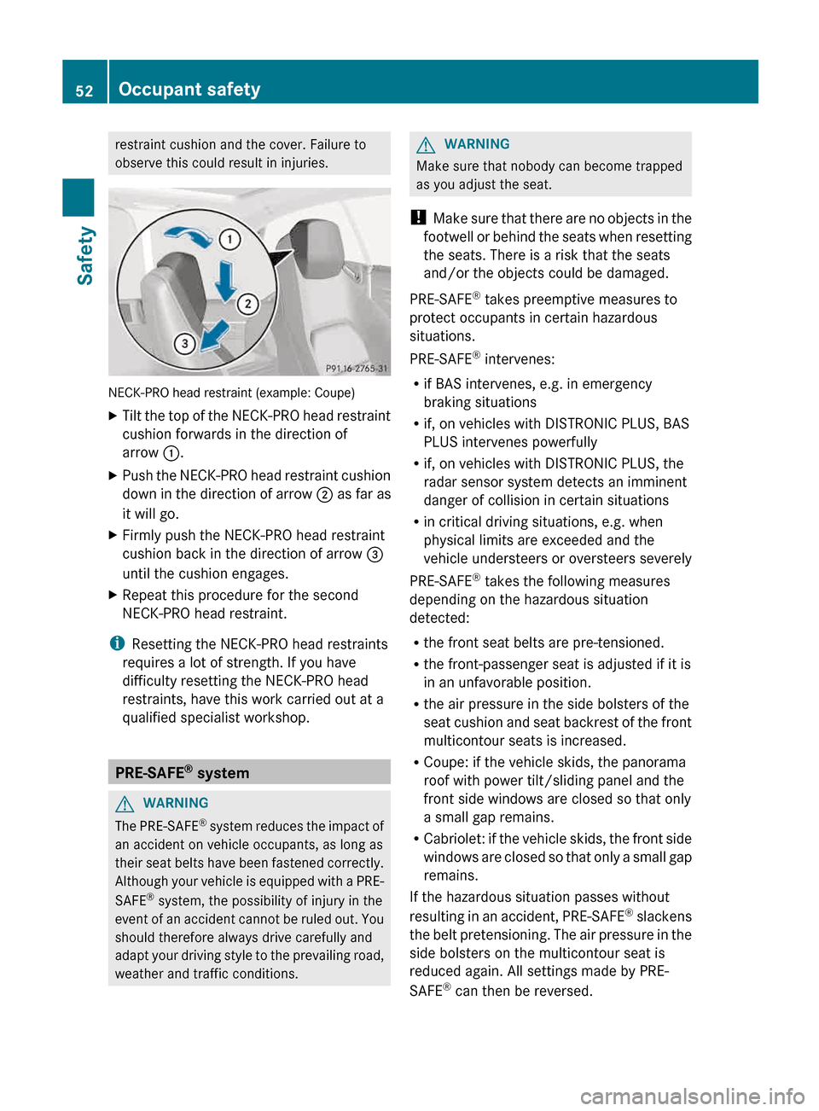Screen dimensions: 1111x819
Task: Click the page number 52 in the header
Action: tap(84, 90)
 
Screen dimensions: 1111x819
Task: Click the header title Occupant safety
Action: tap(189, 90)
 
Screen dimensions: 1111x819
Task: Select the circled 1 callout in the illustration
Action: tap(229, 239)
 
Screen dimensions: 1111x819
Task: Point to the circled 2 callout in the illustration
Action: tap(247, 304)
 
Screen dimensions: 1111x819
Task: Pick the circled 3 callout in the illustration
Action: tap(184, 343)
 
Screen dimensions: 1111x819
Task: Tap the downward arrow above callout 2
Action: tap(225, 281)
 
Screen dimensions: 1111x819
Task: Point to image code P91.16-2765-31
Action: tap(356, 369)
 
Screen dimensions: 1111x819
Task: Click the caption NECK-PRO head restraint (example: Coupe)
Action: tap(231, 393)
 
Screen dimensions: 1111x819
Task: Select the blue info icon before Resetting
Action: tap(117, 643)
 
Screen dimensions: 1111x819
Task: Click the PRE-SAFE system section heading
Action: tap(183, 772)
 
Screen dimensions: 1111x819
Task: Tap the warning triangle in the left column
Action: tap(125, 804)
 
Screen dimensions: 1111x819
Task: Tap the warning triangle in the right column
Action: tap(426, 145)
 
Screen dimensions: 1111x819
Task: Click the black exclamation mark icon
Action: tap(417, 218)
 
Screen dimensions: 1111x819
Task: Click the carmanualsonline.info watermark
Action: tap(692, 1096)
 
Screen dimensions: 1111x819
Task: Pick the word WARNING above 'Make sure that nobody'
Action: tap(477, 144)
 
